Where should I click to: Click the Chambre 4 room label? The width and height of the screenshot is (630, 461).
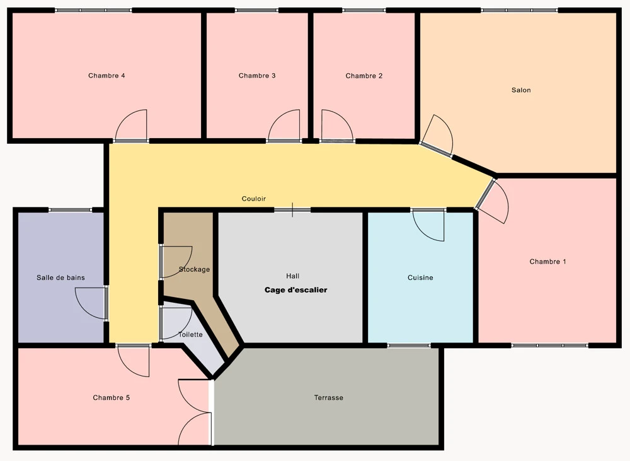(106, 76)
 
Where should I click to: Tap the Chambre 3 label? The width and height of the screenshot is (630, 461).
(257, 76)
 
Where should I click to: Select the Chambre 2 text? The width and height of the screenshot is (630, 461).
(364, 76)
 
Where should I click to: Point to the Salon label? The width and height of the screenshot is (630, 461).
(521, 90)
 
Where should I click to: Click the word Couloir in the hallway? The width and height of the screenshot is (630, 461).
(254, 199)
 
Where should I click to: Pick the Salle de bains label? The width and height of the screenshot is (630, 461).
(60, 277)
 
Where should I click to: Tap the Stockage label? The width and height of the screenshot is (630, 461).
(195, 269)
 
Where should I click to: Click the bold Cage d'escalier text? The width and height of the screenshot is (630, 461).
(295, 290)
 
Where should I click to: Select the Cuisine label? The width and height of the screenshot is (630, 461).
(420, 277)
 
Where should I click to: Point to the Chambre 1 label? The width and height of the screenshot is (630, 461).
(548, 262)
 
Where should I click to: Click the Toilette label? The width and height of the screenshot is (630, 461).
(190, 335)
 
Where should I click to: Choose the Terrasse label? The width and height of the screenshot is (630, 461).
(329, 398)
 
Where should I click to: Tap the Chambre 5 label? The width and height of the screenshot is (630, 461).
(112, 398)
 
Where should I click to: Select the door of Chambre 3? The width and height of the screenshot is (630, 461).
(284, 125)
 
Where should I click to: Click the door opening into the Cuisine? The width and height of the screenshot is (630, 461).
(428, 225)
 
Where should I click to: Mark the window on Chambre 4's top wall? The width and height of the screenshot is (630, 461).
(94, 10)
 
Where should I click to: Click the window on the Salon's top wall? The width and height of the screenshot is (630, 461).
(519, 10)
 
